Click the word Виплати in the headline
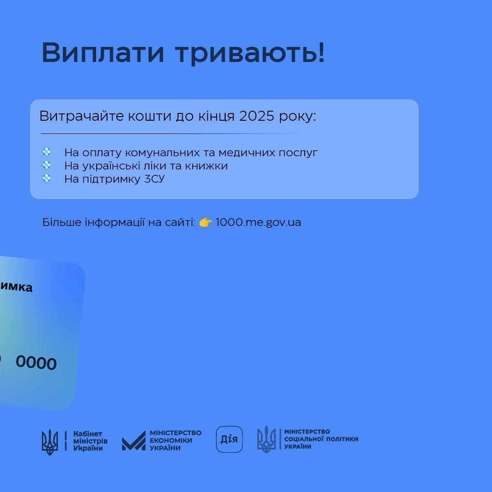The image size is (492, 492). point(102,52)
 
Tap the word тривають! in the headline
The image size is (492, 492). point(250,52)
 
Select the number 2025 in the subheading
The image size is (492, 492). point(257,116)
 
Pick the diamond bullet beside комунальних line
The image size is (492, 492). point(46,152)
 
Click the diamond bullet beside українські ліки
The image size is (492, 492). point(46,165)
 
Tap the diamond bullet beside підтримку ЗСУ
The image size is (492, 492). point(46,178)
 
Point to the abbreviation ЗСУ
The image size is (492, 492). point(154,179)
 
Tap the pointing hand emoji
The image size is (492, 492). point(205,222)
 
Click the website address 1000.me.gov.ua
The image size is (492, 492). point(258,222)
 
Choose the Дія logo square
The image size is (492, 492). point(229,439)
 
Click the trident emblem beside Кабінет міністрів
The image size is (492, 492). point(50,442)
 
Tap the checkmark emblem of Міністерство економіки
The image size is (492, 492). point(133,441)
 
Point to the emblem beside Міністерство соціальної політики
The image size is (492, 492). point(266,439)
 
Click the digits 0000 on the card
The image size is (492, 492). point(36,363)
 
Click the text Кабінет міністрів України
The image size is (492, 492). point(90,441)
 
